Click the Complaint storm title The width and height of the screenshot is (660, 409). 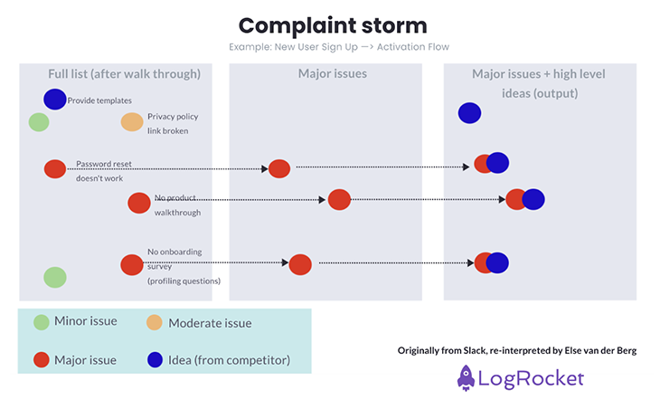[333, 25]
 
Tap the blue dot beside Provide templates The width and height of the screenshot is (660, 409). [55, 100]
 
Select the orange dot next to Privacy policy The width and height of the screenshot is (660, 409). [132, 122]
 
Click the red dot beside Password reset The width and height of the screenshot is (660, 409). [55, 169]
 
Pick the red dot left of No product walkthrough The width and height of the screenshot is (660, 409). [139, 203]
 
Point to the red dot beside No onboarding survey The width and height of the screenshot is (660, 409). [132, 265]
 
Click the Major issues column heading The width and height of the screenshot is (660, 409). [333, 73]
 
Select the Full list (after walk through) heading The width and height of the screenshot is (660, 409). [124, 74]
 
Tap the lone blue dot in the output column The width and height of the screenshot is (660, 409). [470, 113]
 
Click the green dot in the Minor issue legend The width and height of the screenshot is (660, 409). [42, 322]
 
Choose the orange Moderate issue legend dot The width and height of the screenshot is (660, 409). [155, 322]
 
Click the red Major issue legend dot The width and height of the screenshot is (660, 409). [42, 360]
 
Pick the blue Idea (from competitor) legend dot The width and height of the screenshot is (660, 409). [155, 360]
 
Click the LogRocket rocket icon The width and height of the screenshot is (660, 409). [466, 378]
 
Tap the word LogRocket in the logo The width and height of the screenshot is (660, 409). [532, 378]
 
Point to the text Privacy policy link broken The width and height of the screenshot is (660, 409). [173, 123]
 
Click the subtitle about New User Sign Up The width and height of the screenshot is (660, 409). [339, 47]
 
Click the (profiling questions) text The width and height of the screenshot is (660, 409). [184, 281]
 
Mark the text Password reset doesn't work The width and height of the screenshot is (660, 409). [104, 171]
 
